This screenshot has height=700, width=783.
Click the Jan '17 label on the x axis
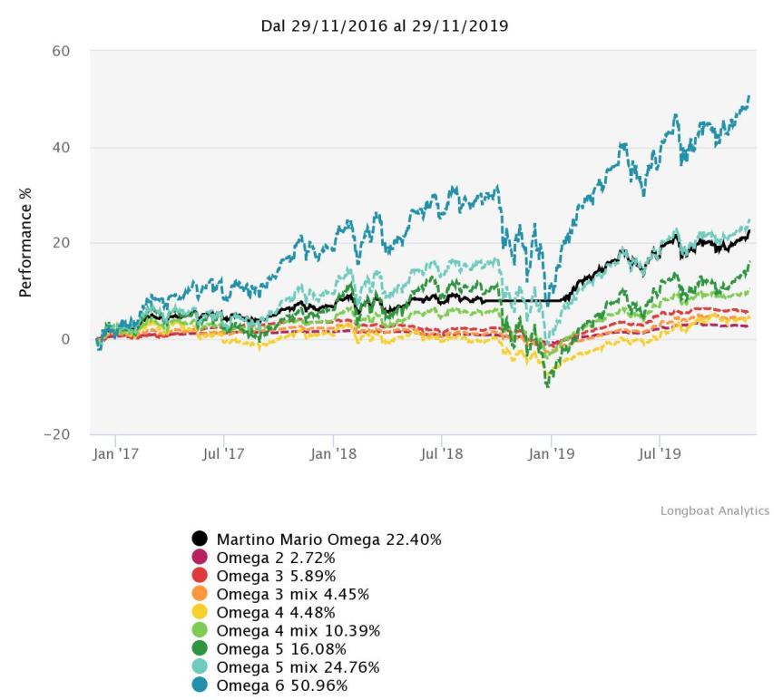[116, 453]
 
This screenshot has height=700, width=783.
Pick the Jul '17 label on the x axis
[223, 453]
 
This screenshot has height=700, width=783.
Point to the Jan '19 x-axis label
[551, 453]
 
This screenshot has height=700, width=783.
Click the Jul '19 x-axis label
[658, 453]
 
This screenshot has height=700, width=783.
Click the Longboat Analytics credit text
[714, 511]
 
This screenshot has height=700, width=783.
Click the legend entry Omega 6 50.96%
[280, 685]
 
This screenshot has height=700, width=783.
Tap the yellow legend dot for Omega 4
[200, 612]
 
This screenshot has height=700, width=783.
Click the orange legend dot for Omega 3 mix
[200, 594]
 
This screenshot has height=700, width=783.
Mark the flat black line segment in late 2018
[526, 300]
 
